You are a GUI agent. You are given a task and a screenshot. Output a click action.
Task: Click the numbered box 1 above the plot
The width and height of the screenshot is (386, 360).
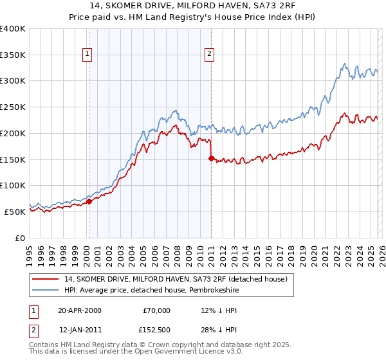pyautogui.click(x=87, y=55)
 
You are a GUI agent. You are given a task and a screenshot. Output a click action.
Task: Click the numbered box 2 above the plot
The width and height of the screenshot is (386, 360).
pyautogui.click(x=210, y=55)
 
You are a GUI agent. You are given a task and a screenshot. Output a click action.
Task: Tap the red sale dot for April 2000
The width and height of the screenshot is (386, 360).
pyautogui.click(x=89, y=201)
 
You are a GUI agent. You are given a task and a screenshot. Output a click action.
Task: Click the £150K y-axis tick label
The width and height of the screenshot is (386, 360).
pyautogui.click(x=13, y=159)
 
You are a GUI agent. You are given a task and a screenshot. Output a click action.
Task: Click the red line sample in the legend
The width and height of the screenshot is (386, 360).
pyautogui.click(x=45, y=279)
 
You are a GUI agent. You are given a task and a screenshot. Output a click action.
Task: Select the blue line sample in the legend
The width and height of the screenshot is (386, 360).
pyautogui.click(x=45, y=290)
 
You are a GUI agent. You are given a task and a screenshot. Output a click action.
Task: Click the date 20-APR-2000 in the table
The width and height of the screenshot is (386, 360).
pyautogui.click(x=80, y=310)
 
